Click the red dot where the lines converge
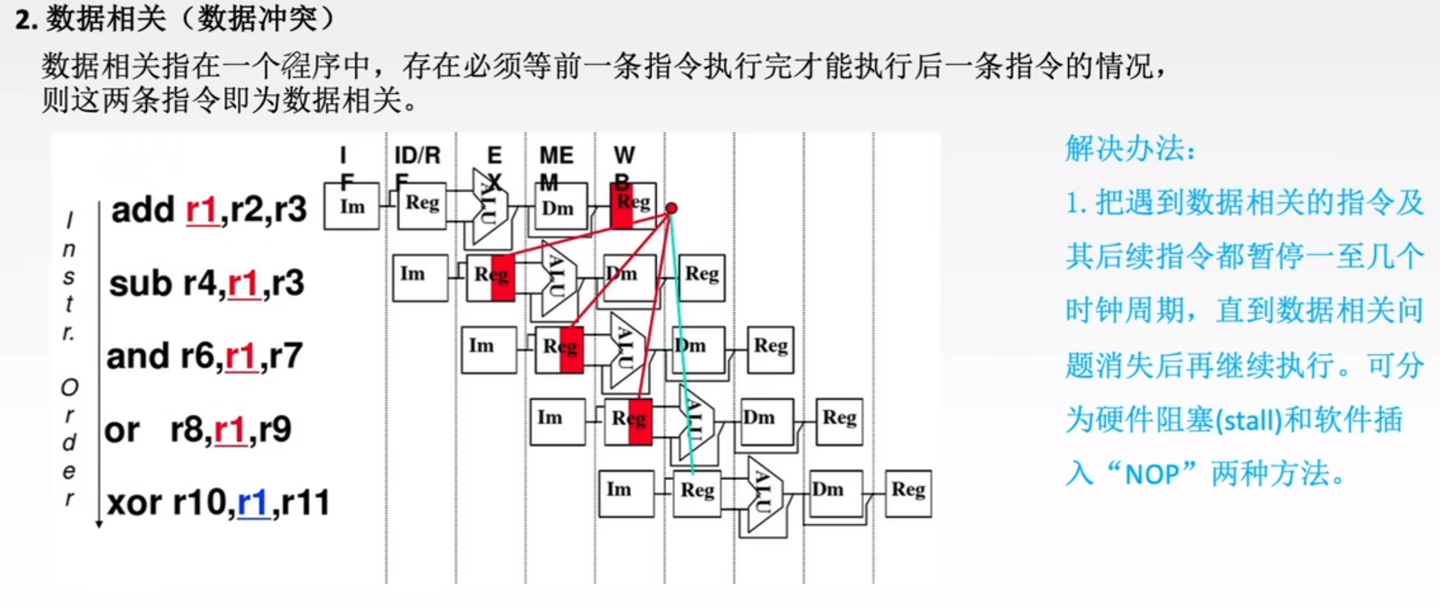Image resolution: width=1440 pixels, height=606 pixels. tap(671, 208)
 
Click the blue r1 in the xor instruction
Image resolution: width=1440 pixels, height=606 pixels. tap(252, 502)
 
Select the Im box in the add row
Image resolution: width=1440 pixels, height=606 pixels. tap(352, 206)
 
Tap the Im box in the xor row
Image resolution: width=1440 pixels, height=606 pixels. tap(626, 492)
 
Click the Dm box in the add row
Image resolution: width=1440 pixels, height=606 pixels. tap(559, 208)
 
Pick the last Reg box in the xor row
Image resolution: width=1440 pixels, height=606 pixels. tap(908, 492)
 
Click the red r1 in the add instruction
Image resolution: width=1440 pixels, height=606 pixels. tap(201, 209)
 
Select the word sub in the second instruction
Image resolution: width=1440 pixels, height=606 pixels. tap(140, 283)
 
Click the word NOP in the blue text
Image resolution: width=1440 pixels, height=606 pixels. tap(1152, 474)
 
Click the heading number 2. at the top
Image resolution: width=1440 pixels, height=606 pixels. tap(26, 19)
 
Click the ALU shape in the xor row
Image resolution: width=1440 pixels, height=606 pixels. tap(764, 494)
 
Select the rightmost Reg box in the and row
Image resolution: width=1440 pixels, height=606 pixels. tap(770, 348)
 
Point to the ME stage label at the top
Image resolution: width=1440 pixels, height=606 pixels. tap(556, 156)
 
